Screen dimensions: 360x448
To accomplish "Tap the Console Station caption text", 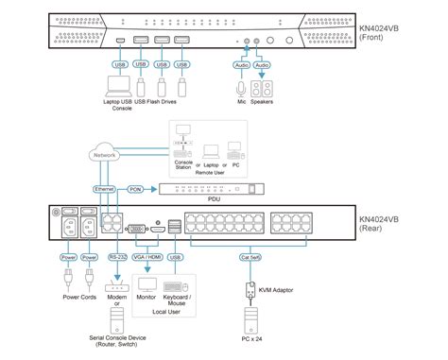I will (182, 165).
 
